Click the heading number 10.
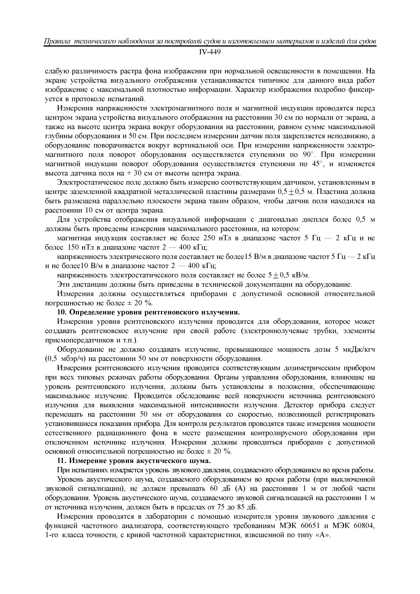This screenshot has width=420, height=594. pos(61,313)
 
